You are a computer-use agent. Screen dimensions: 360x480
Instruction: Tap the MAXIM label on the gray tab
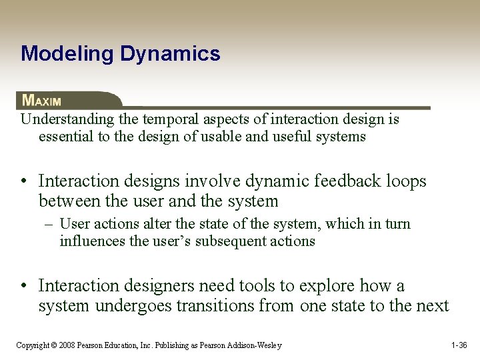[x=41, y=101]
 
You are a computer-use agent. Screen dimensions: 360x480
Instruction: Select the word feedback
[x=344, y=181]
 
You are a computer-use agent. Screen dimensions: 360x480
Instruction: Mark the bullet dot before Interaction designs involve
[x=24, y=181]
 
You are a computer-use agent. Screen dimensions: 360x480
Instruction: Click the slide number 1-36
[x=459, y=345]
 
